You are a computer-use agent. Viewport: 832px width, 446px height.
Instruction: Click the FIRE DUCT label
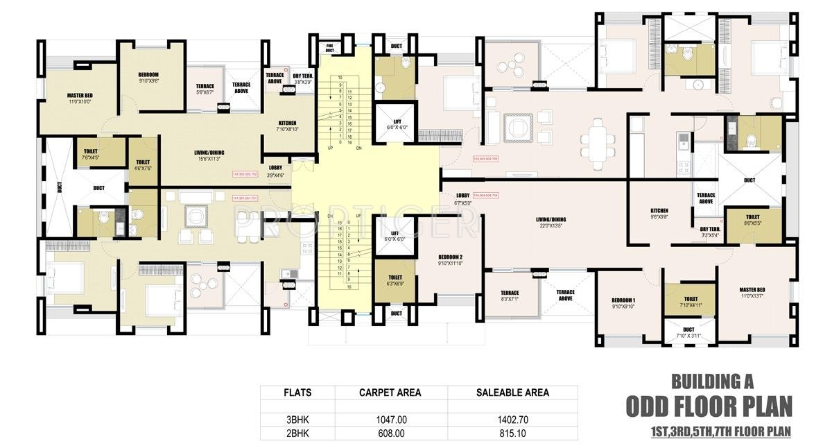pos(330,49)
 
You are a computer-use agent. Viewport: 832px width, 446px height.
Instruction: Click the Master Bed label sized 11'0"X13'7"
pos(752,290)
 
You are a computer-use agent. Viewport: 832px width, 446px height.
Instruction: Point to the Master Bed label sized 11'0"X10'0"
pos(80,95)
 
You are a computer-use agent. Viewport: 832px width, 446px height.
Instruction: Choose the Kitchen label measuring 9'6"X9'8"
pos(659,211)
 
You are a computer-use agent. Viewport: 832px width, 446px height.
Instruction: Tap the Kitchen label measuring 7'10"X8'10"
pos(287,123)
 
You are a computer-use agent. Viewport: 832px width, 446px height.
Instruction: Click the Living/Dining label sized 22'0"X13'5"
pos(551,221)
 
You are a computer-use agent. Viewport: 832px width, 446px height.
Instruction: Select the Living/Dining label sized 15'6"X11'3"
pos(209,153)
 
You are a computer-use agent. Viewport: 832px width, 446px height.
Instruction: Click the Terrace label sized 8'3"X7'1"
pos(509,293)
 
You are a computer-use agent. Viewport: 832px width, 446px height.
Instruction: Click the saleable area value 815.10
pos(512,434)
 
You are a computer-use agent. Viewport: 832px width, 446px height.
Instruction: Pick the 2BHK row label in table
pos(297,434)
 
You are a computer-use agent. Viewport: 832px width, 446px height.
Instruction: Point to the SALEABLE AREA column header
pos(512,393)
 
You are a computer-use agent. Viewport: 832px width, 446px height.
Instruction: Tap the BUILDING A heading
pos(712,381)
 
